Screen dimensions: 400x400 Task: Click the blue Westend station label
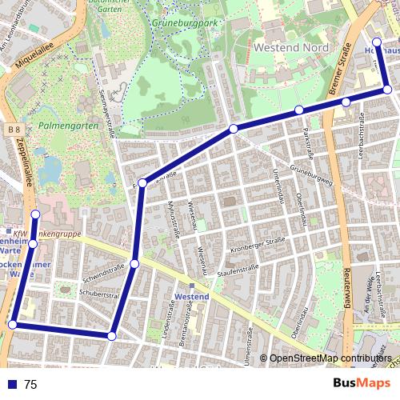pos(192,297)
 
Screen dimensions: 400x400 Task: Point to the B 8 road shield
pos(10,129)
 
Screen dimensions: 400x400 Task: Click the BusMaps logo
pos(362,384)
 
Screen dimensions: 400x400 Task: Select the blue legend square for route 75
pos(10,384)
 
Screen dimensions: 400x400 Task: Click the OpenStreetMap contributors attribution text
pos(330,358)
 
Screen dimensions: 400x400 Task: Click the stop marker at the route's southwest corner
pos(12,324)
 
